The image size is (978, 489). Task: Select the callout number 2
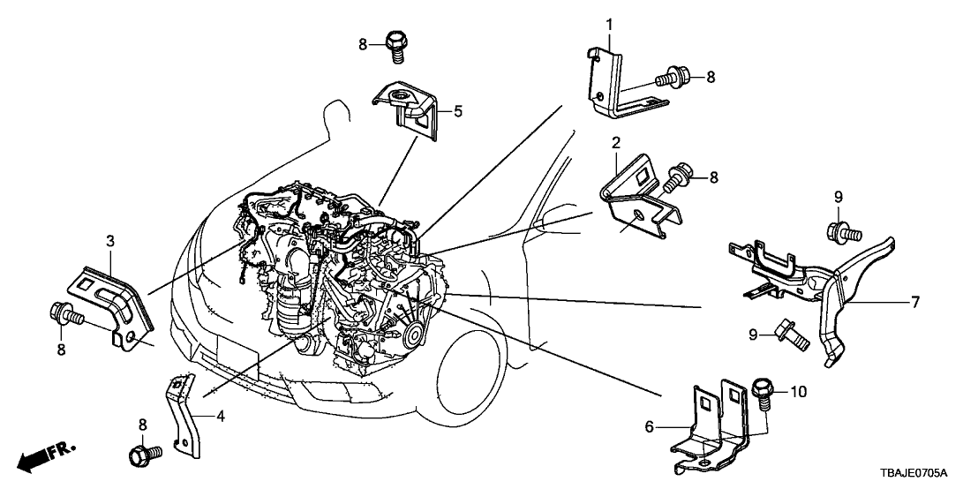(x=616, y=142)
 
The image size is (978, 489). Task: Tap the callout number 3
(x=110, y=240)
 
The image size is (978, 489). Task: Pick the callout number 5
(x=458, y=111)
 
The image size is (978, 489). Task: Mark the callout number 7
(x=915, y=302)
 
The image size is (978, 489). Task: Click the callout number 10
(x=799, y=391)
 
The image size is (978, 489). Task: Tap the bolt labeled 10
(x=762, y=393)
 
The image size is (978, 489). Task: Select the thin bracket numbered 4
(x=182, y=415)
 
